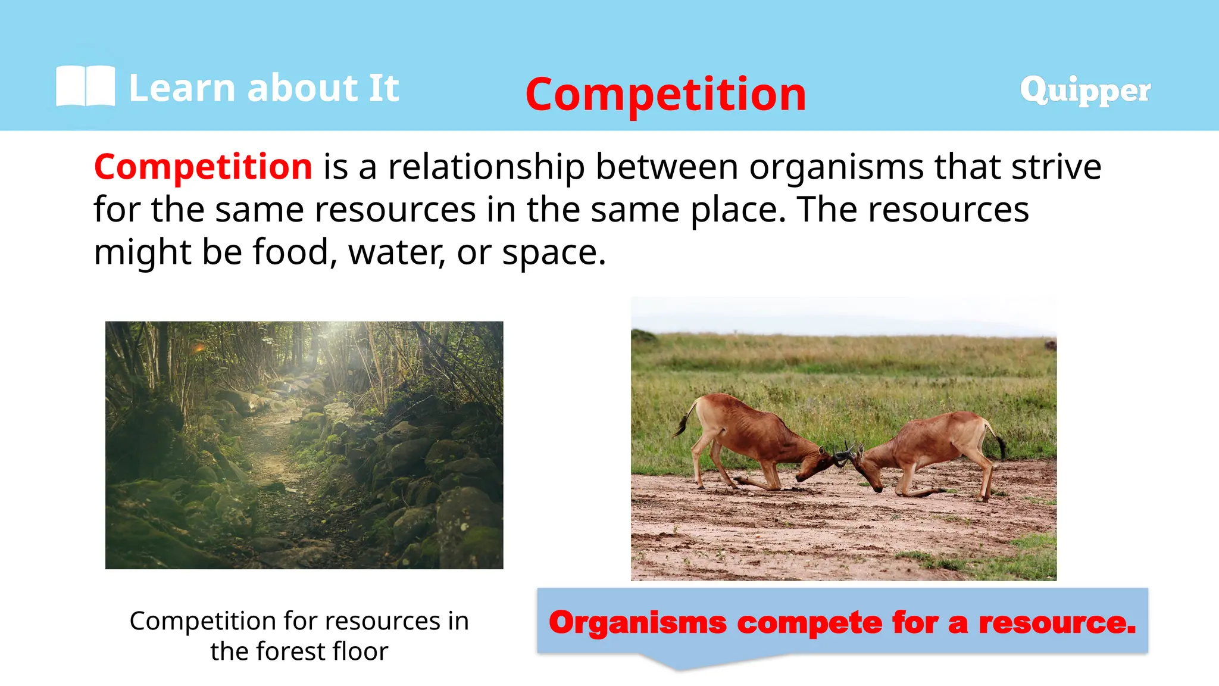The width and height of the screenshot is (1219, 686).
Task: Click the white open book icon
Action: [85, 86]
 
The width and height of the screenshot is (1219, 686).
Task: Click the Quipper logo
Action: [1084, 91]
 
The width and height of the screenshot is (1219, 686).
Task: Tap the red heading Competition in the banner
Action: [665, 95]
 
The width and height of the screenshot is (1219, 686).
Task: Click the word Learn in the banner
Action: [182, 88]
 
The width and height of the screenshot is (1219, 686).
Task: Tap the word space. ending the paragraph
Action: [554, 252]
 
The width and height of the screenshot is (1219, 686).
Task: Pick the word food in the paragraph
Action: [291, 252]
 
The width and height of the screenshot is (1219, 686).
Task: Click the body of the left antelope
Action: [750, 432]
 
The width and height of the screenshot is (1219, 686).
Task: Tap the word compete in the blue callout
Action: [809, 623]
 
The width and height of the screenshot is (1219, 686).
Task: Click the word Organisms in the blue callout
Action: [637, 623]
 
